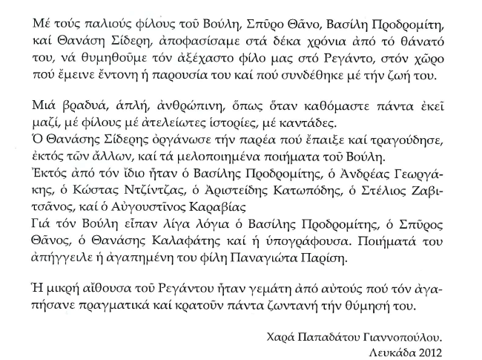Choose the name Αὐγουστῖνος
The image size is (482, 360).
166,208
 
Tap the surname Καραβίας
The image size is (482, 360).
238,208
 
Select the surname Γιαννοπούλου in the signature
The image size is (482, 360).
409,336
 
